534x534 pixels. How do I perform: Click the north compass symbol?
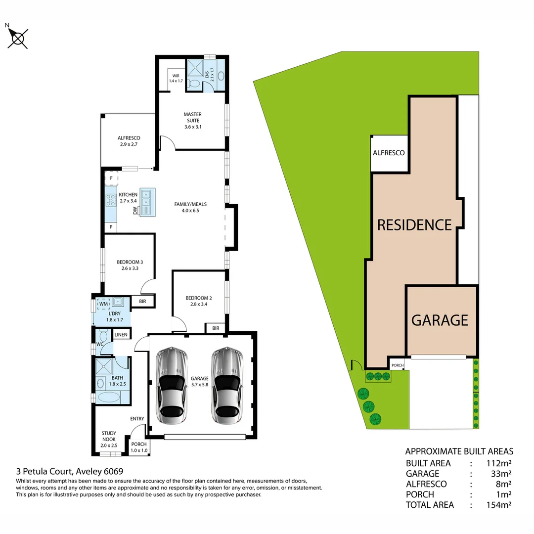coord(18,38)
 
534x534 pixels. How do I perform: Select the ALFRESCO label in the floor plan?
coord(129,141)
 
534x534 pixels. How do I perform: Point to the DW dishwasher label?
coord(134,211)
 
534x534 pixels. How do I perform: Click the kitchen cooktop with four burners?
coord(111,200)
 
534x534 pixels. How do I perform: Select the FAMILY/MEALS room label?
coord(190,207)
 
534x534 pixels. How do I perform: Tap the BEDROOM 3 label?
coord(130,266)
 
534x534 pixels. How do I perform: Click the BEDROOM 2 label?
coord(198,301)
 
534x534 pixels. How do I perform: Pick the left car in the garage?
coord(171,386)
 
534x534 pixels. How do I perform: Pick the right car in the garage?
coord(228,386)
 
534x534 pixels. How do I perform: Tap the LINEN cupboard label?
coord(121,335)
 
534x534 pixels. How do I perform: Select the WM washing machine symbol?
coord(103,304)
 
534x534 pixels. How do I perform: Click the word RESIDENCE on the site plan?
coord(414,225)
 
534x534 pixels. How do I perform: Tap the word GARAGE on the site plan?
coord(440,320)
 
